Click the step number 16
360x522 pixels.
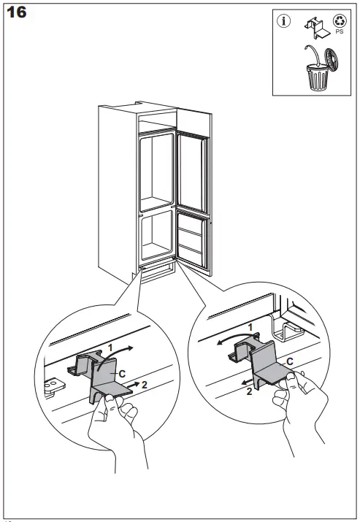(18, 13)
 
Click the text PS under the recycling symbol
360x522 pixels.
(340, 33)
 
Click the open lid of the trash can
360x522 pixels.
(332, 59)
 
